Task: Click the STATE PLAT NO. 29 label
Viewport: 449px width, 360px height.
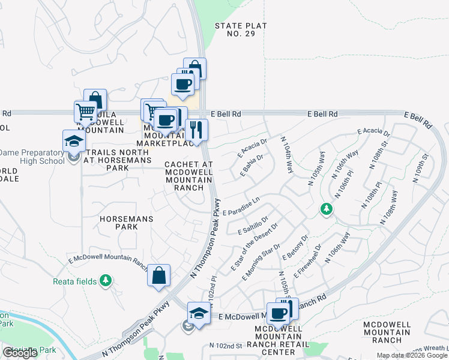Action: [241, 30]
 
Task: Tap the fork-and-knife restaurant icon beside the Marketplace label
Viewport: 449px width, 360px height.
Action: [196, 129]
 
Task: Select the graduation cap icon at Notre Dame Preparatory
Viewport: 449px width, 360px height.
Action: [74, 141]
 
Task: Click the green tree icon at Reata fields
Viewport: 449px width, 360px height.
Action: [106, 280]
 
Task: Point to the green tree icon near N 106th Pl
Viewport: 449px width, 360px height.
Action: [326, 209]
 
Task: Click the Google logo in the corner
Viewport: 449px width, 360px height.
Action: [20, 353]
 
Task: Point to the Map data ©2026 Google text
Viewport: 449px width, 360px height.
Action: [412, 355]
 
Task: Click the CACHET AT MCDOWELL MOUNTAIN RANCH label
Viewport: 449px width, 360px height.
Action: [189, 175]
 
